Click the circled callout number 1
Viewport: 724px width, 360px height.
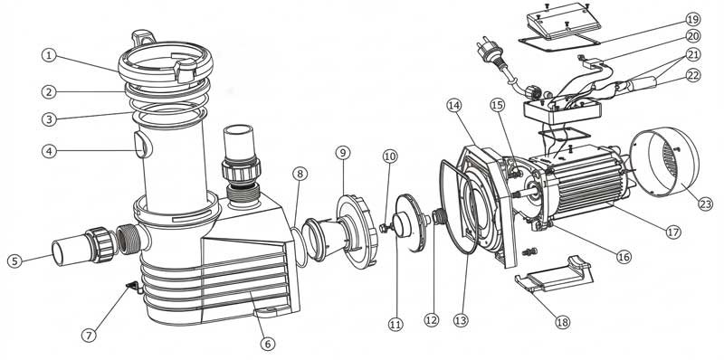(x=49, y=56)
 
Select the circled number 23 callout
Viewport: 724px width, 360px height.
(x=705, y=204)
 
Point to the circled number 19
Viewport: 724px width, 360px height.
(x=692, y=19)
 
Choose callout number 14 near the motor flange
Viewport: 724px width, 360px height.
(x=454, y=105)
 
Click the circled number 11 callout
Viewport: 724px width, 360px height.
(x=395, y=325)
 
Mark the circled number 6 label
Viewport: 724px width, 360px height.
(x=267, y=344)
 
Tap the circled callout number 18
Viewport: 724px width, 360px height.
(x=563, y=322)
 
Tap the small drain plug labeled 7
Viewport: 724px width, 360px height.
(x=133, y=288)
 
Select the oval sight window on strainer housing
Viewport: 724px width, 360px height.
(x=141, y=145)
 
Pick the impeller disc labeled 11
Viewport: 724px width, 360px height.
(x=411, y=223)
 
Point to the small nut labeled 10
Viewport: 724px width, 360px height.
(x=384, y=228)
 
